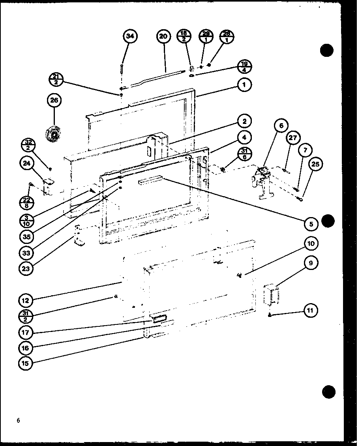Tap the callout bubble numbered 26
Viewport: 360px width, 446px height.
pos(54,101)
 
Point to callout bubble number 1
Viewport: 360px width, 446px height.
pos(245,84)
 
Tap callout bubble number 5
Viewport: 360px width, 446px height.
pos(311,224)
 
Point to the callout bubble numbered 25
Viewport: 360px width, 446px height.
pos(315,165)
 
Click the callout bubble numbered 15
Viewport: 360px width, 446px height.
pos(25,363)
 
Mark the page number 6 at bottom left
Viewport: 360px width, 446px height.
pos(19,420)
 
